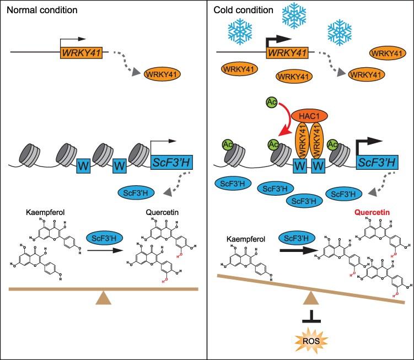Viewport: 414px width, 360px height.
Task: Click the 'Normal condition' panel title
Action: pos(34,10)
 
